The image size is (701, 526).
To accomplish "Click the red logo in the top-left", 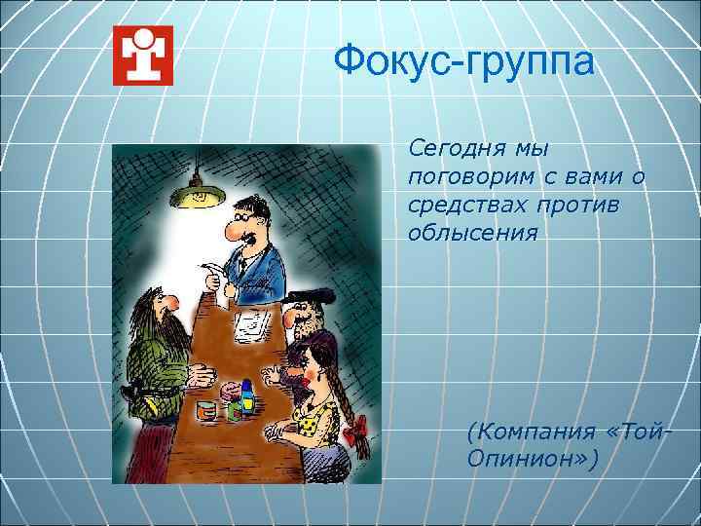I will pyautogui.click(x=142, y=55).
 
